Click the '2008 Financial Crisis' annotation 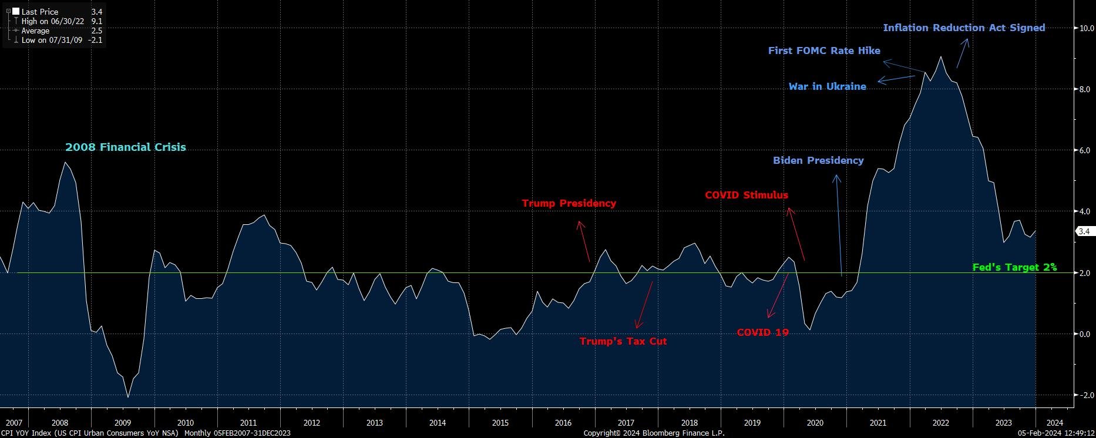click(125, 147)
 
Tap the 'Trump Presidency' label click(569, 203)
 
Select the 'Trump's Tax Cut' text click(623, 341)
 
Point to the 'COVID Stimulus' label click(747, 195)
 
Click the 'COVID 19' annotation click(762, 332)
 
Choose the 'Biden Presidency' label click(818, 160)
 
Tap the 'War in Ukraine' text click(827, 86)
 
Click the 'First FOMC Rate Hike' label click(824, 50)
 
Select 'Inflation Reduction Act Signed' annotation click(964, 28)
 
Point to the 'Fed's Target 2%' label click(1014, 267)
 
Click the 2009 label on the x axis click(123, 423)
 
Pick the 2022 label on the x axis click(941, 423)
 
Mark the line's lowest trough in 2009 click(127, 397)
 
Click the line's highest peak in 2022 click(941, 57)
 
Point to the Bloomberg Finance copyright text click(654, 433)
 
